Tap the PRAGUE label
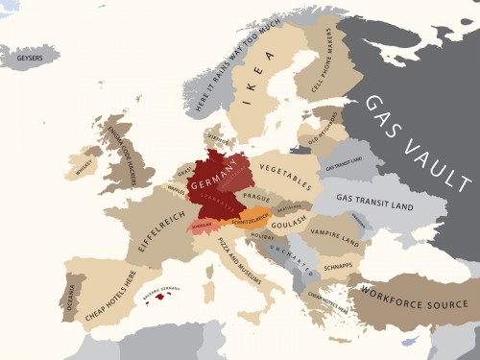tap(256, 197)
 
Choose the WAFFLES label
tap(175, 190)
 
